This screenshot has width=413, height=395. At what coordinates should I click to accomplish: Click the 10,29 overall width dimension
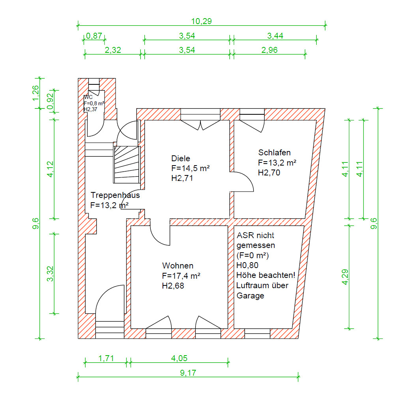coord(201,21)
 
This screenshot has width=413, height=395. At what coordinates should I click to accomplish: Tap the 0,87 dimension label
coord(94,35)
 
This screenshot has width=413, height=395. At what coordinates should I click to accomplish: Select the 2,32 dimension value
coord(113,50)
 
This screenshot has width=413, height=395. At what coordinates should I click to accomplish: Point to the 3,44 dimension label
coord(275,35)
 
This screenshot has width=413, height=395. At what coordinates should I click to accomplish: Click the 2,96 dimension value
coord(269,50)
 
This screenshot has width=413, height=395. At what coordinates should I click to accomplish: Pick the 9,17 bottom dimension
coord(188,373)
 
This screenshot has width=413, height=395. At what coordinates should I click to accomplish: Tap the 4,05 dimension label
coord(179,358)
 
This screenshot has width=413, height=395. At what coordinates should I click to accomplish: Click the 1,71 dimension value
coord(106,358)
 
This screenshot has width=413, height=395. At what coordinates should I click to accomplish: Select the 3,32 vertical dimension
coord(50,274)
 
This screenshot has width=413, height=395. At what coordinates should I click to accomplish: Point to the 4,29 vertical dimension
coord(345,277)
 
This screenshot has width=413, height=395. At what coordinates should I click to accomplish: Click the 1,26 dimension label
coord(35,93)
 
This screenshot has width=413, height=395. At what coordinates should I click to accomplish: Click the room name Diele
coord(180,158)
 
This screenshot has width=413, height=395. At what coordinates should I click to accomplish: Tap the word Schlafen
coord(274,153)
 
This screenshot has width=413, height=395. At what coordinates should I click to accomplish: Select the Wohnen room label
coord(178,265)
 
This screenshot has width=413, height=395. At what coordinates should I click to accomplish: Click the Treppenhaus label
coord(115,195)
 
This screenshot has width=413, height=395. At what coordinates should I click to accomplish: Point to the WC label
coord(88,97)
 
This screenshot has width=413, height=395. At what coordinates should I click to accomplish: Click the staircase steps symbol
coord(127,165)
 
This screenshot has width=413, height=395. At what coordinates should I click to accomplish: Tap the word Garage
coord(250,296)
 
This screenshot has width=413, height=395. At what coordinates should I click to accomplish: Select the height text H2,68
coord(173,285)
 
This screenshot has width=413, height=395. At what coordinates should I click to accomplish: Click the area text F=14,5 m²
coord(190,168)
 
